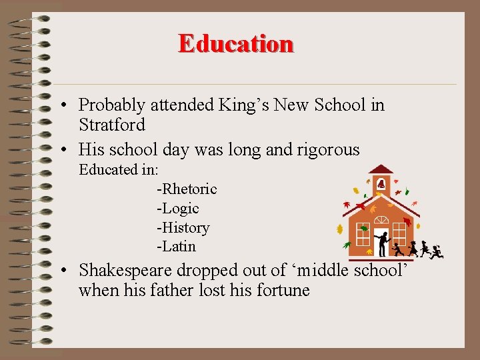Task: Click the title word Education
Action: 235,43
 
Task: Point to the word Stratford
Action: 111,125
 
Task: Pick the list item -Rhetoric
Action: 187,189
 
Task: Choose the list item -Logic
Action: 177,209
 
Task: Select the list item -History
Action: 183,228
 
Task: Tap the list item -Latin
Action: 176,247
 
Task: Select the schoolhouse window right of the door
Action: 399,233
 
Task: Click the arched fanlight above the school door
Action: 381,219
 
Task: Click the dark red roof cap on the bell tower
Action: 381,169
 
